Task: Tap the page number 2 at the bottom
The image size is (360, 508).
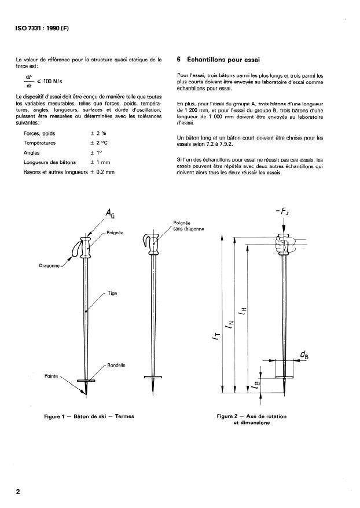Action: click(x=19, y=492)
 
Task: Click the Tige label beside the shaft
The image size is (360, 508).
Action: click(x=112, y=293)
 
